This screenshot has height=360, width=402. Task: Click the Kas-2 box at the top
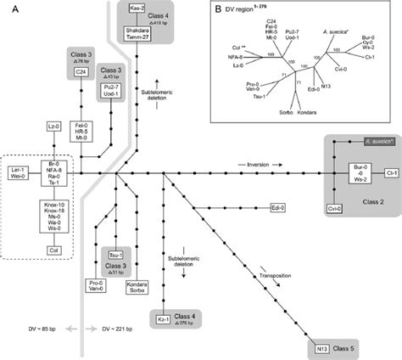pos(131,8)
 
